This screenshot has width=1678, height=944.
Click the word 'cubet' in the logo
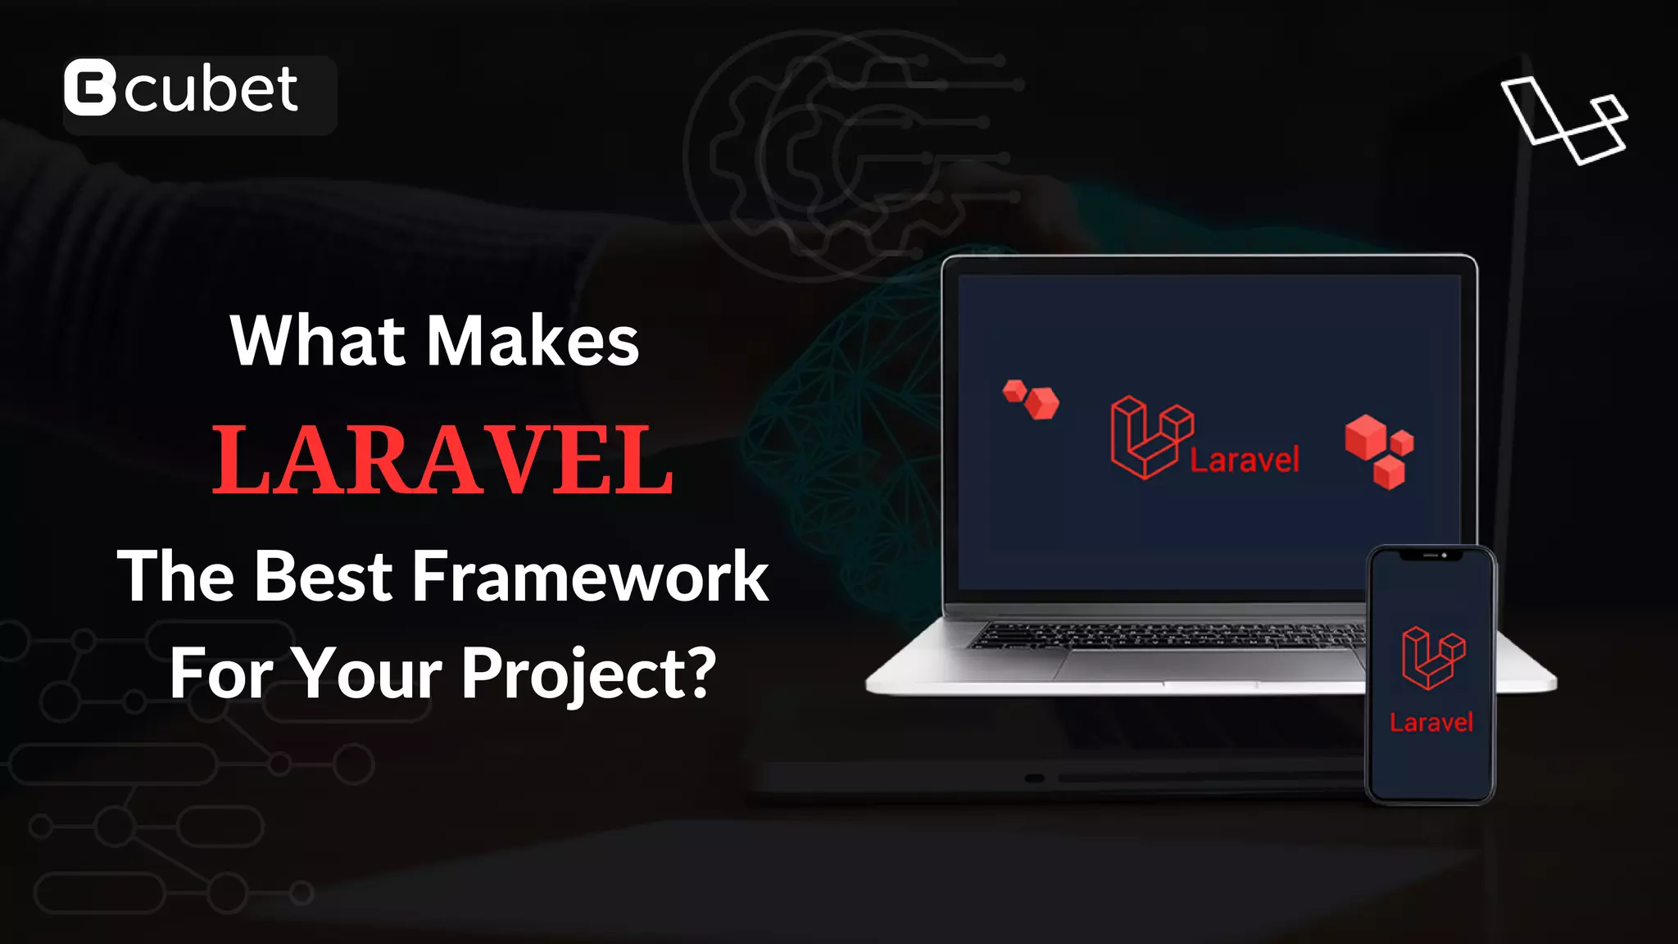[211, 89]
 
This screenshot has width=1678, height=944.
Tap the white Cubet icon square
[90, 88]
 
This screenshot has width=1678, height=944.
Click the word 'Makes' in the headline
[533, 341]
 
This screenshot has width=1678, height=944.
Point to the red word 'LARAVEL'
[442, 461]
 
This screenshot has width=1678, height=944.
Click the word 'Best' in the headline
[324, 577]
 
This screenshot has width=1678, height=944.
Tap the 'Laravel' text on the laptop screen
[1244, 461]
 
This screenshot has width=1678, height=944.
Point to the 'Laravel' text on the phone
[1431, 723]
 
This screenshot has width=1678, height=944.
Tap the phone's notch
[1431, 556]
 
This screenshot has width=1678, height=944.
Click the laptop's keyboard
[1163, 635]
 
